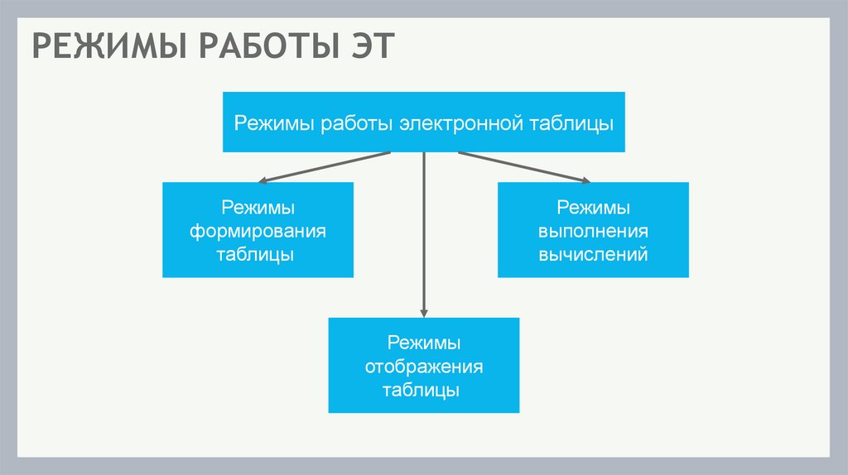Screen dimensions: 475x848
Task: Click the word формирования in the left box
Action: pos(258,230)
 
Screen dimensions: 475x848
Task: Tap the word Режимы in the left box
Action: pos(258,206)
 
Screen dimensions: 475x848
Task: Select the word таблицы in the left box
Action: pos(258,254)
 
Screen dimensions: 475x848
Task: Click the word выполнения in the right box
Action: pos(593,230)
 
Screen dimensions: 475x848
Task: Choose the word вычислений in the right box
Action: pos(593,254)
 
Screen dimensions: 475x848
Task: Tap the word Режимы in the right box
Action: pos(593,206)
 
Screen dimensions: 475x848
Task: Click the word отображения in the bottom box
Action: pos(424,366)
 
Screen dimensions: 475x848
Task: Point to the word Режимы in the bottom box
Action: pos(424,342)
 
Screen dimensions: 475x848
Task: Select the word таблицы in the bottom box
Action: pos(424,390)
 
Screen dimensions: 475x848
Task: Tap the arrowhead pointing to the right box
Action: pos(585,180)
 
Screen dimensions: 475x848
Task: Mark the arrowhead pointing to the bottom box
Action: pos(424,312)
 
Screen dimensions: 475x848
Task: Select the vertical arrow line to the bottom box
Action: pos(424,232)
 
